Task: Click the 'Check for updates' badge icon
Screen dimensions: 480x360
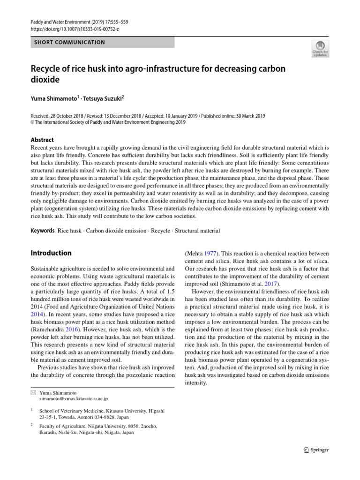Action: coord(320,48)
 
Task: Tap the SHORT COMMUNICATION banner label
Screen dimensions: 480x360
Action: coord(69,42)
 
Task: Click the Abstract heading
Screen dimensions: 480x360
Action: coord(42,140)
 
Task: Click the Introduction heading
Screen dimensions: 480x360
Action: coord(51,253)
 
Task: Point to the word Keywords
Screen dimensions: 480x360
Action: coord(43,231)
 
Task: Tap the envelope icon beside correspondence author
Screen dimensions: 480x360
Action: coord(33,392)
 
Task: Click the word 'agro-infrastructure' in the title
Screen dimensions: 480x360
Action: coord(164,69)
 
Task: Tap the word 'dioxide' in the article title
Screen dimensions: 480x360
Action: coord(45,80)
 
